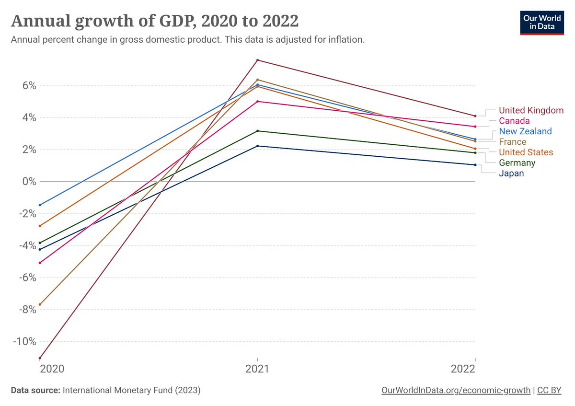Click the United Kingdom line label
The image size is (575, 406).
coord(531,110)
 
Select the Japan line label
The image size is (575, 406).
coord(511,174)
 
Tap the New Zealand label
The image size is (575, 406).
coord(525,131)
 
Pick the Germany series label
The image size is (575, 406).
coord(517,163)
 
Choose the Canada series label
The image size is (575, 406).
coord(514,121)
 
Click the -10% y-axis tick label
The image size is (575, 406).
coord(25,341)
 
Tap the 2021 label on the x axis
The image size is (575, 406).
coord(258,369)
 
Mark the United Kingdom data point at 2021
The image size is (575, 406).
coord(258,60)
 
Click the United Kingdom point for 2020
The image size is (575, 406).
coord(40,358)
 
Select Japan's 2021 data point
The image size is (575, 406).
coord(258,146)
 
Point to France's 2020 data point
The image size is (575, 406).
coord(40,304)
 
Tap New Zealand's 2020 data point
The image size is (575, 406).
coord(40,205)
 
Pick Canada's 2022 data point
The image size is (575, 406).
coord(475,127)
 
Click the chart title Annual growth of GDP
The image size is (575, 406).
coord(154,21)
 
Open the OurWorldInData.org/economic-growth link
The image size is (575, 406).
coord(456,391)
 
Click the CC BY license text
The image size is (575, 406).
coord(549,391)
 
